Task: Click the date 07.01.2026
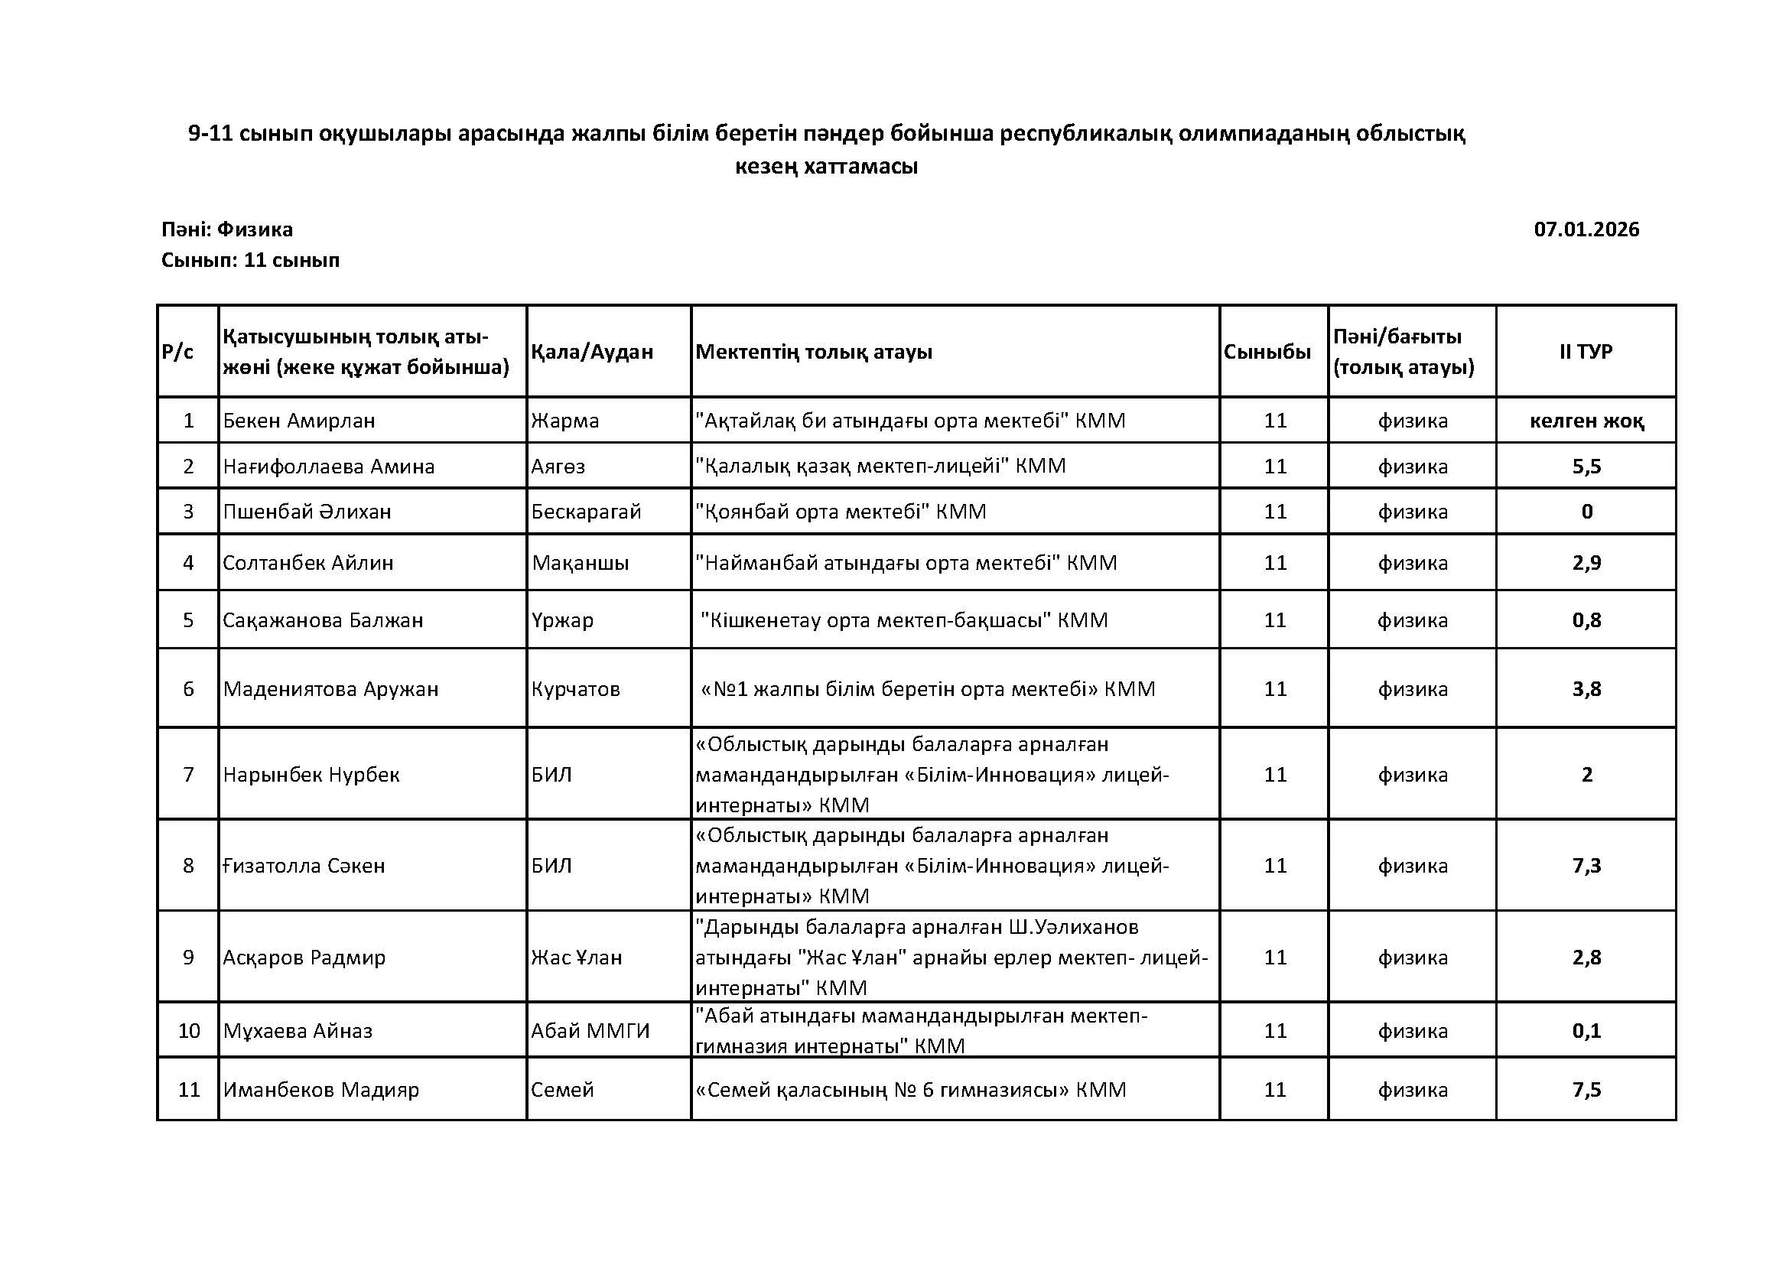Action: pyautogui.click(x=1586, y=229)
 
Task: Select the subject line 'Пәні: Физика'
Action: pyautogui.click(x=226, y=229)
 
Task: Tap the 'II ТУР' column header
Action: pyautogui.click(x=1586, y=352)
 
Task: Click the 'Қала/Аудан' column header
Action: pyautogui.click(x=591, y=352)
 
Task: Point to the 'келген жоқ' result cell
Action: pyautogui.click(x=1586, y=421)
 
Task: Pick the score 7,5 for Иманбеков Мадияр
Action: pyautogui.click(x=1586, y=1090)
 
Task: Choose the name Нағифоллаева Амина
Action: pyautogui.click(x=328, y=467)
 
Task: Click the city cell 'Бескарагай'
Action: pyautogui.click(x=586, y=512)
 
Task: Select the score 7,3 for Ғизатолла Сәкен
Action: pyautogui.click(x=1586, y=866)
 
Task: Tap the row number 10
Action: pyautogui.click(x=189, y=1031)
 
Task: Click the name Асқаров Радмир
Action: pyautogui.click(x=304, y=958)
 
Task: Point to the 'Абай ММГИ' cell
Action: pyautogui.click(x=590, y=1031)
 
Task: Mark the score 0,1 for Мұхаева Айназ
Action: pyautogui.click(x=1586, y=1031)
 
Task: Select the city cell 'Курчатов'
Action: pyautogui.click(x=575, y=689)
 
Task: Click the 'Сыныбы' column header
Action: pyautogui.click(x=1267, y=352)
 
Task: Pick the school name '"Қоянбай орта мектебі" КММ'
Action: pyautogui.click(x=841, y=512)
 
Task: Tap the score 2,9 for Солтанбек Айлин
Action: pyautogui.click(x=1586, y=563)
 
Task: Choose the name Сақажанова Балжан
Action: pyautogui.click(x=323, y=621)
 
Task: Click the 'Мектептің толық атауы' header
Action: pyautogui.click(x=814, y=352)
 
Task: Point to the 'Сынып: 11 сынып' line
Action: pyautogui.click(x=250, y=260)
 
